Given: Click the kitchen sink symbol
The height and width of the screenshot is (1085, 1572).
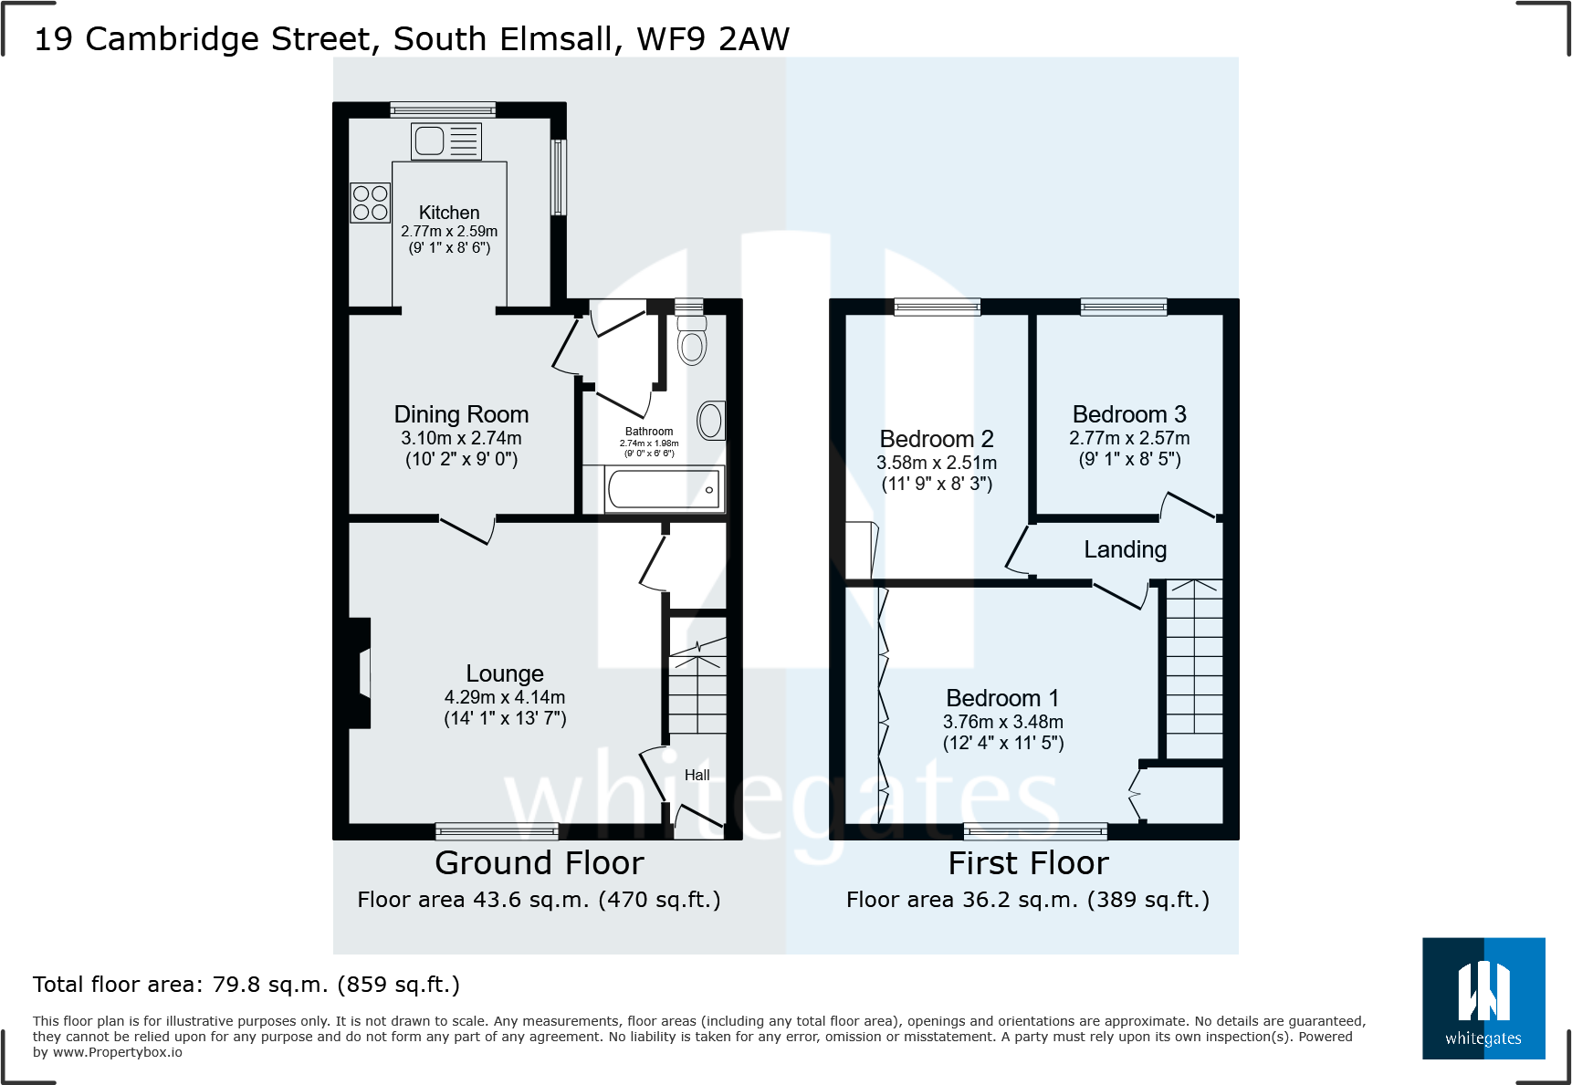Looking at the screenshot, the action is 445,141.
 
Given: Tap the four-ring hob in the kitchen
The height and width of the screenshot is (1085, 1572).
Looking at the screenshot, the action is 370,203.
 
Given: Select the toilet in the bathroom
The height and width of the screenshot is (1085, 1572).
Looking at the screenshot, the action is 692,339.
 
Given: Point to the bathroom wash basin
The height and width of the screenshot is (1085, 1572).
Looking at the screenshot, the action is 711,421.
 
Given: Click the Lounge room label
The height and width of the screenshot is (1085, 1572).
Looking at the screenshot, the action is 505,673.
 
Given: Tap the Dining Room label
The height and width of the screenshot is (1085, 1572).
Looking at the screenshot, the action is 461,414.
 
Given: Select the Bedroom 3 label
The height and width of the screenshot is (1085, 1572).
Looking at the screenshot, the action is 1129,414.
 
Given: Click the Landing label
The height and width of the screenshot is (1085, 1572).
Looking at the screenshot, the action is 1126,549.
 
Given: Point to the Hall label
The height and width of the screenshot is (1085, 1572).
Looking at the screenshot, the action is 697,775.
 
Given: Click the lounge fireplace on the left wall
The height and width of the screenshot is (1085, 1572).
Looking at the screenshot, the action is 360,673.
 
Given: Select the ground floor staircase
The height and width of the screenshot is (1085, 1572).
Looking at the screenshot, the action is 698,685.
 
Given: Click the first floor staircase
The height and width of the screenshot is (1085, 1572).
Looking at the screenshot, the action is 1194,669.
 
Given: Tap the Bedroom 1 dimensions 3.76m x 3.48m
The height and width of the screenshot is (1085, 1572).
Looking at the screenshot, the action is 1003,722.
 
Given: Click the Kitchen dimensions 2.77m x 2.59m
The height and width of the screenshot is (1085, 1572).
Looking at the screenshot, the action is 449,231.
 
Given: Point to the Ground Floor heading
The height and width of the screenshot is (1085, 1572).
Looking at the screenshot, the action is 540,863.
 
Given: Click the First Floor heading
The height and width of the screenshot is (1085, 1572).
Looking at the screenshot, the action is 1029,863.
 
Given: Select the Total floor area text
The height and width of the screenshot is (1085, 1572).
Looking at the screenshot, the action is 246,985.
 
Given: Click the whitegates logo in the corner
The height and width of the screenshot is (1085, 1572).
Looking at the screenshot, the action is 1483,998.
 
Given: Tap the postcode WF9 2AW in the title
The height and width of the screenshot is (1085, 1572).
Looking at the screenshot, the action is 713,39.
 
